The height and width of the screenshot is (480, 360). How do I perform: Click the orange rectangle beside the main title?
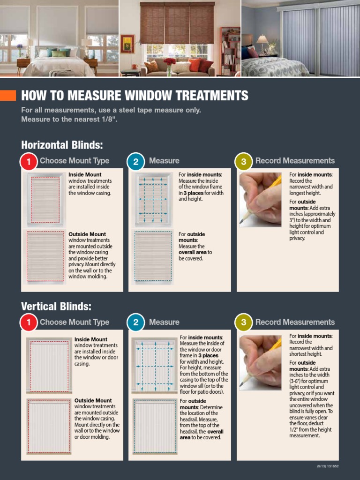pyautogui.click(x=8, y=96)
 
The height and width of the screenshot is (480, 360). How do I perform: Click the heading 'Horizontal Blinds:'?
pyautogui.click(x=62, y=144)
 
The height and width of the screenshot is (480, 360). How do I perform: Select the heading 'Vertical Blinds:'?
pyautogui.click(x=56, y=307)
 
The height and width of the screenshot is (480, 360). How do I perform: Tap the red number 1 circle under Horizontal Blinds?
pyautogui.click(x=29, y=162)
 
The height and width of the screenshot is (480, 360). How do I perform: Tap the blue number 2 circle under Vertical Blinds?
pyautogui.click(x=135, y=323)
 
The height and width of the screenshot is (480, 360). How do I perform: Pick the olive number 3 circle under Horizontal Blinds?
pyautogui.click(x=243, y=162)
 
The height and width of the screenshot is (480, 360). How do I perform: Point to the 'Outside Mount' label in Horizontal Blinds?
pyautogui.click(x=87, y=234)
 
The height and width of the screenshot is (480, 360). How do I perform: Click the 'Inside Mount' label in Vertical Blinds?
pyautogui.click(x=90, y=339)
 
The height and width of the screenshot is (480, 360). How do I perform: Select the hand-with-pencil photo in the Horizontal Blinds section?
pyautogui.click(x=260, y=200)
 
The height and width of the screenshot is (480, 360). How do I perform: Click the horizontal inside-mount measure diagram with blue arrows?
pyautogui.click(x=153, y=199)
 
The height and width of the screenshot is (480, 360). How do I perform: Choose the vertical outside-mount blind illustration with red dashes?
pyautogui.click(x=49, y=426)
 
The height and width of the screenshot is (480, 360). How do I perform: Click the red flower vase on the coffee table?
pyautogui.click(x=169, y=66)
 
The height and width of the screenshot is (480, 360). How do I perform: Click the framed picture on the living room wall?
pyautogui.click(x=127, y=43)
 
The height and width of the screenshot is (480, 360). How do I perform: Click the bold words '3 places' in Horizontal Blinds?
pyautogui.click(x=193, y=193)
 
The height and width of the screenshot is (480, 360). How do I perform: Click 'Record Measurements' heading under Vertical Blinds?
pyautogui.click(x=295, y=322)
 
